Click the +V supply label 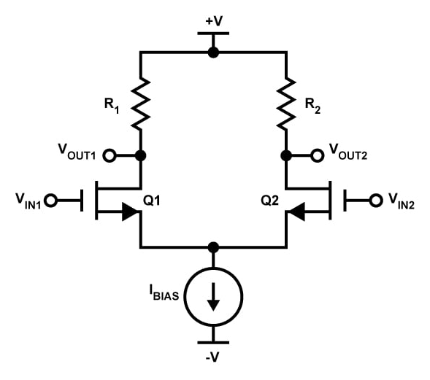click(213, 20)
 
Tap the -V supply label click(213, 357)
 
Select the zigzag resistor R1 click(140, 104)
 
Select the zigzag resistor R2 click(286, 104)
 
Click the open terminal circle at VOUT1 click(110, 155)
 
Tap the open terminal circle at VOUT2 click(317, 155)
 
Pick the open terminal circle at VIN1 click(50, 199)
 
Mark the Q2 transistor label click(270, 199)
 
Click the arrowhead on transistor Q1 click(129, 212)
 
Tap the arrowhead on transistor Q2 click(297, 212)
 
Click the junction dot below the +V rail click(213, 52)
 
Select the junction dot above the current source click(213, 247)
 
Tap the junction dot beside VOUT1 click(140, 155)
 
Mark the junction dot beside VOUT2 click(286, 155)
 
